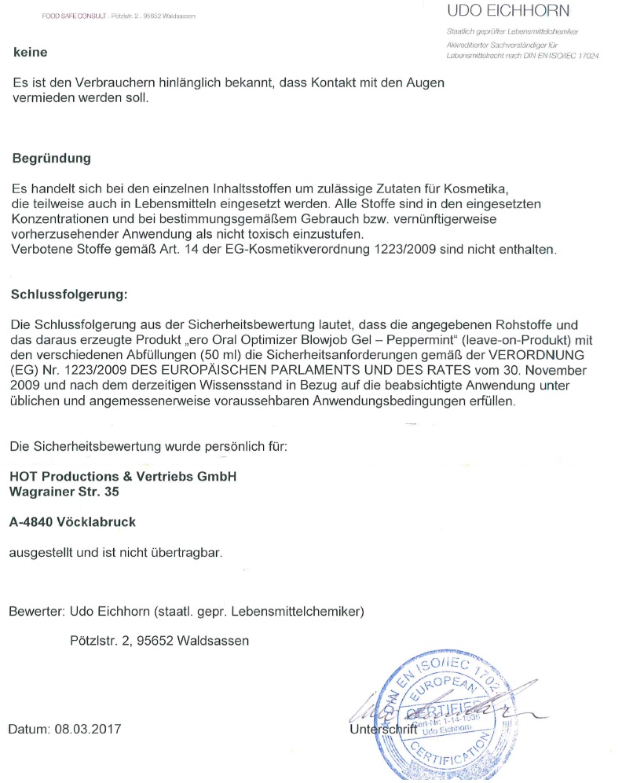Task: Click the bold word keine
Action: point(31,53)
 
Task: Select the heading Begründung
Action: point(52,158)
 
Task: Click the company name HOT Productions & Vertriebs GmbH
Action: point(123,477)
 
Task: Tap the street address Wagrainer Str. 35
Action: point(65,492)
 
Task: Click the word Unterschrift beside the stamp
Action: point(378,730)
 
